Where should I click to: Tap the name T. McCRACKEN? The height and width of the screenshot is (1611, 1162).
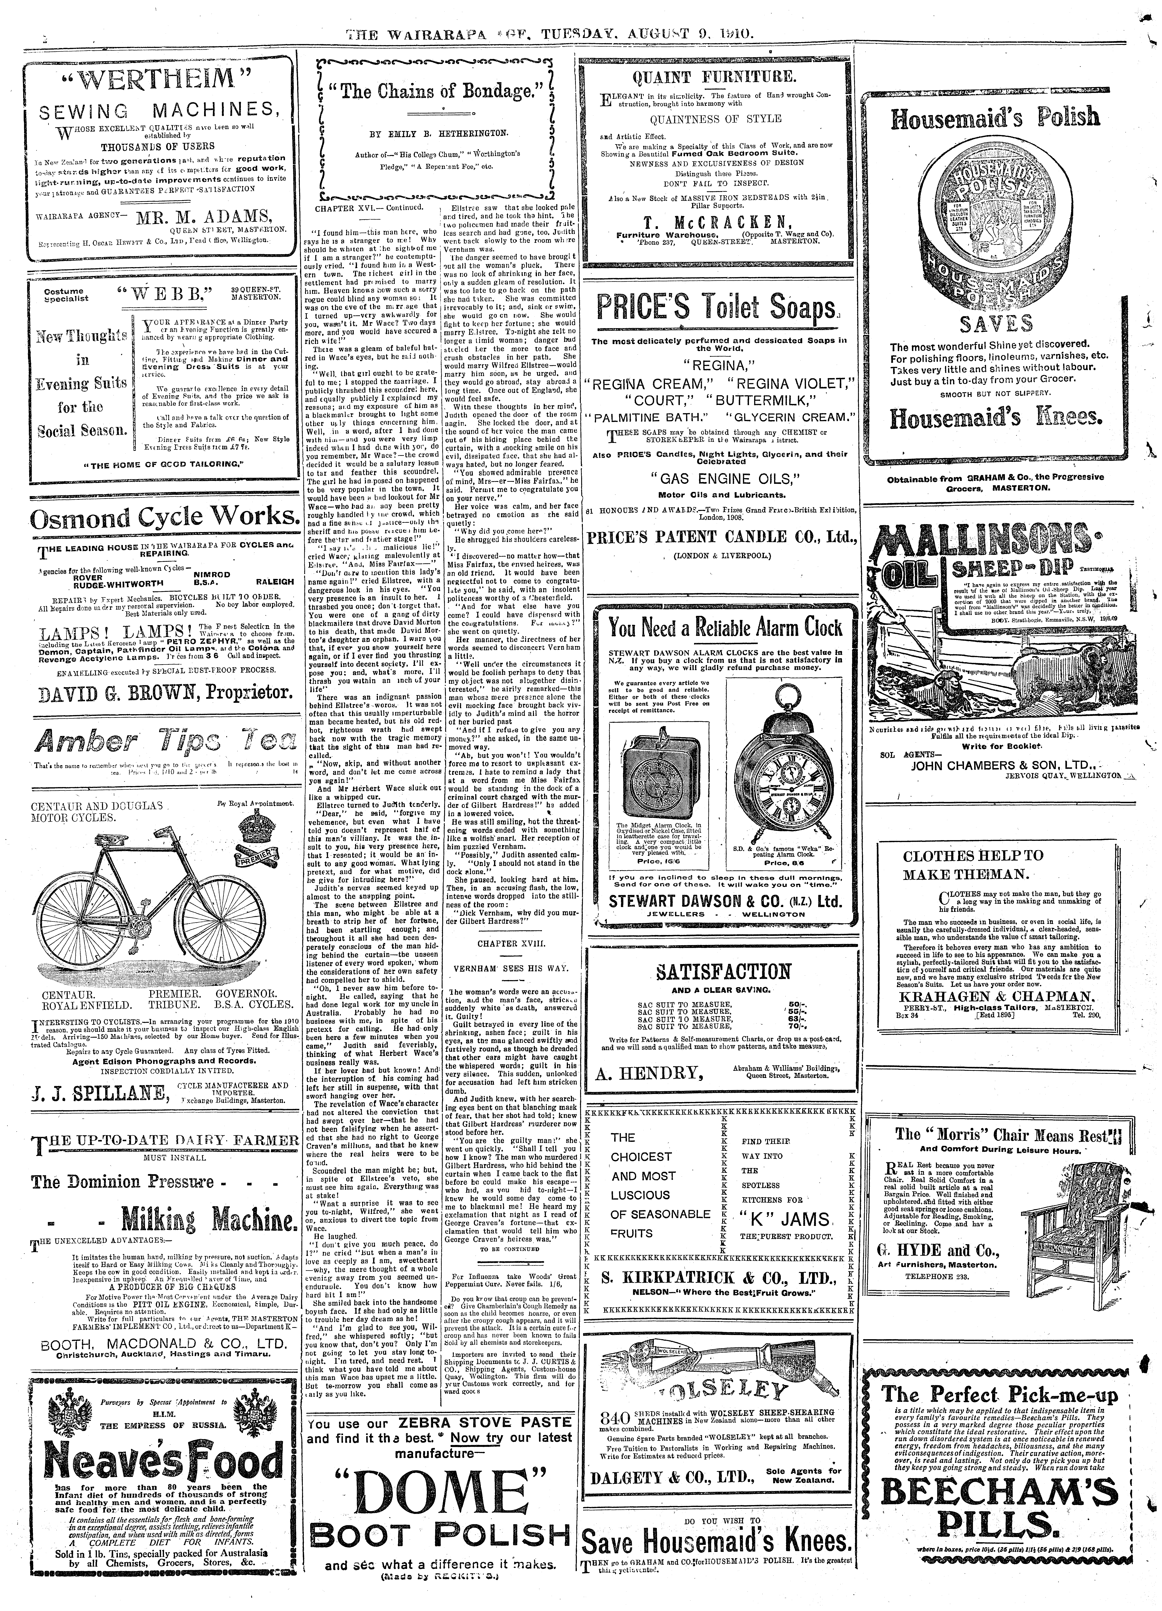point(717,220)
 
